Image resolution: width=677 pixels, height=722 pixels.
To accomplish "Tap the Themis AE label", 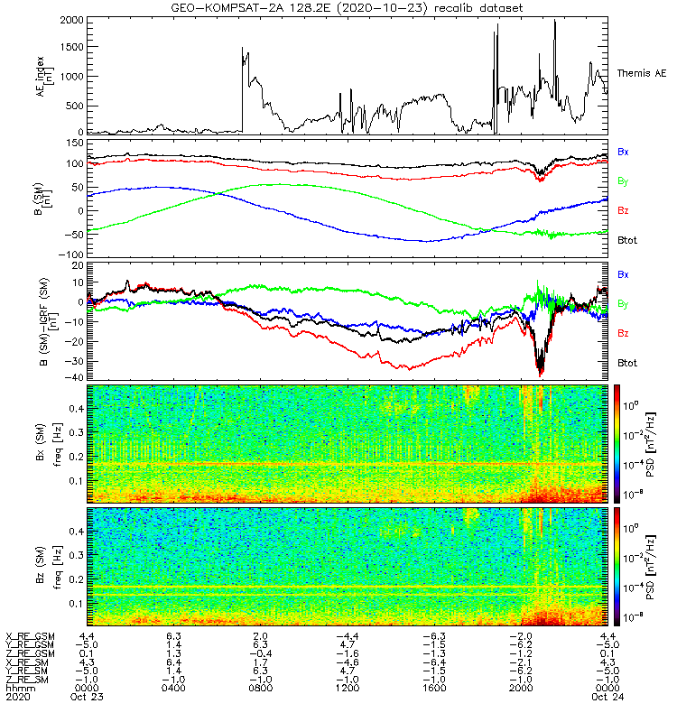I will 641,73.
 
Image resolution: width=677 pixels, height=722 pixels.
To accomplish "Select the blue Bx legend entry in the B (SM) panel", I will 624,151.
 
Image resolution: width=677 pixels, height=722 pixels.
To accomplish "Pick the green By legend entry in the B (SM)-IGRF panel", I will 624,303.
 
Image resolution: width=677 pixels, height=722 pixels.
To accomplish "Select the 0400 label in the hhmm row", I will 173,689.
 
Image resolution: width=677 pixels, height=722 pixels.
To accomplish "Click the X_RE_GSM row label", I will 30,636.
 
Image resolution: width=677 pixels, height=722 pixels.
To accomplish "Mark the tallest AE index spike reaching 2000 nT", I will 555,22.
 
